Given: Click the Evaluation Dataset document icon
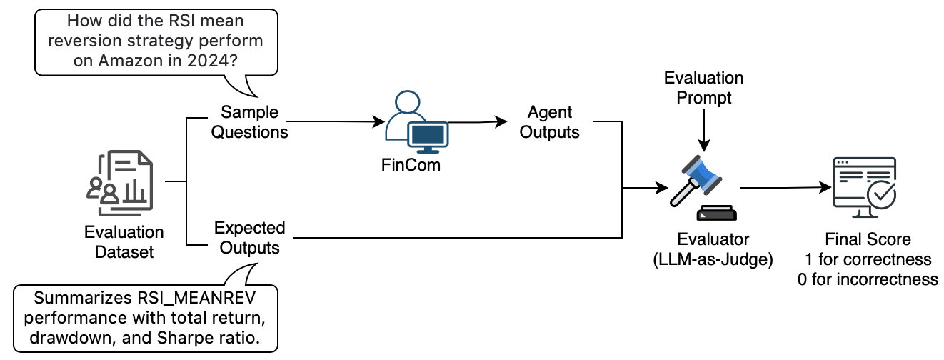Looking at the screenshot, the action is click(x=120, y=183).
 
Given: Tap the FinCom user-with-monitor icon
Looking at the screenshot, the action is click(x=416, y=122).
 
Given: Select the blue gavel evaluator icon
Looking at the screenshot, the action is click(x=703, y=188).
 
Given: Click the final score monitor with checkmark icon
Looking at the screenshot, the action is click(x=865, y=187).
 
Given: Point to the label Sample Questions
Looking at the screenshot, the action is click(x=249, y=122).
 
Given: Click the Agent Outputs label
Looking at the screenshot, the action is click(x=549, y=122).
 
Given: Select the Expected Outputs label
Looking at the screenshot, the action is click(x=249, y=237).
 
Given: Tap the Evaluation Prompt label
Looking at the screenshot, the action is click(x=704, y=88).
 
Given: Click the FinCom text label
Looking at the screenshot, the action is click(x=411, y=165).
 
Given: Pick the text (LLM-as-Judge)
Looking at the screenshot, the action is click(x=713, y=259).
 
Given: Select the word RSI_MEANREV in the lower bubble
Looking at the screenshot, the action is click(x=196, y=299).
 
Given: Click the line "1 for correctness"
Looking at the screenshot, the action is click(x=868, y=259).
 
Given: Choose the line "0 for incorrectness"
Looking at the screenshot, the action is click(x=868, y=279).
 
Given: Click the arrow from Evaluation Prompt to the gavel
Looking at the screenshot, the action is click(x=704, y=130).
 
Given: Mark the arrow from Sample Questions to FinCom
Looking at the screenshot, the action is click(x=336, y=122).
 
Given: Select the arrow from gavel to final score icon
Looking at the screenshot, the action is click(x=785, y=188).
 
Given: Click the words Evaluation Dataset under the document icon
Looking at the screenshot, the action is click(x=124, y=242).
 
